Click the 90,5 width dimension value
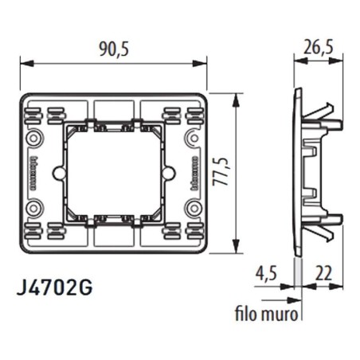pos(113,49)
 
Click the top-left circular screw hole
pos(35,139)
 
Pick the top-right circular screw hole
pos(191,139)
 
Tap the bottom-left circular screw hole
pos(35,209)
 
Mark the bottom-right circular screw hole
pos(191,209)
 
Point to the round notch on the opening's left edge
pos(57,174)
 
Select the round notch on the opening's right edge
pos(169,174)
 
